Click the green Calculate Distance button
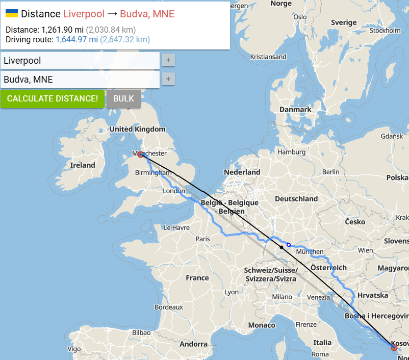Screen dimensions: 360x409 [x=53, y=98]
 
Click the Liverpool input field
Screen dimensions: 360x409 [x=80, y=61]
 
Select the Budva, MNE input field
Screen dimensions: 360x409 [x=80, y=80]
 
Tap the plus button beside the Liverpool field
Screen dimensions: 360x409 [x=168, y=60]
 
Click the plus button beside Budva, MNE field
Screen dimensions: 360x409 [x=168, y=79]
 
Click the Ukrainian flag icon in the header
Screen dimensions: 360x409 [x=12, y=13]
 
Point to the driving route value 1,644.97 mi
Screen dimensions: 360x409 [x=76, y=39]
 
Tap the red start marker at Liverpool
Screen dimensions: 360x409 [x=140, y=155]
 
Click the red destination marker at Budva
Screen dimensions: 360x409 [x=394, y=347]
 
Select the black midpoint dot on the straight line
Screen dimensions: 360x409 [x=281, y=247]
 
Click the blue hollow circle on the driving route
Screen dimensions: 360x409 [x=289, y=245]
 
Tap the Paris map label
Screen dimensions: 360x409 [x=202, y=239]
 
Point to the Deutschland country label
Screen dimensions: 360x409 [x=296, y=199]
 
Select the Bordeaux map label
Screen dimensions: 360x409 [x=169, y=307]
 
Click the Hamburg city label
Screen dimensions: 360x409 [x=291, y=152]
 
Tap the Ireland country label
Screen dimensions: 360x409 [x=83, y=165]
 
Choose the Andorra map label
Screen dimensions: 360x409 [x=194, y=344]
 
